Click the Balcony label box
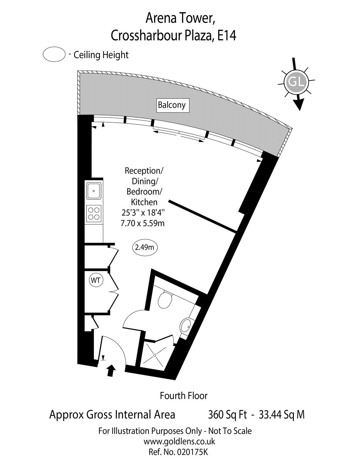(x=173, y=105)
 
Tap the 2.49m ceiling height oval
(x=144, y=248)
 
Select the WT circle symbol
(x=96, y=280)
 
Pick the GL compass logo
(x=296, y=82)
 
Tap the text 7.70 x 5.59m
(x=143, y=224)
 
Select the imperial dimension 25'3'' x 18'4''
(x=143, y=213)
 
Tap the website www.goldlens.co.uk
(x=179, y=448)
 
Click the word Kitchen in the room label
(x=144, y=202)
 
